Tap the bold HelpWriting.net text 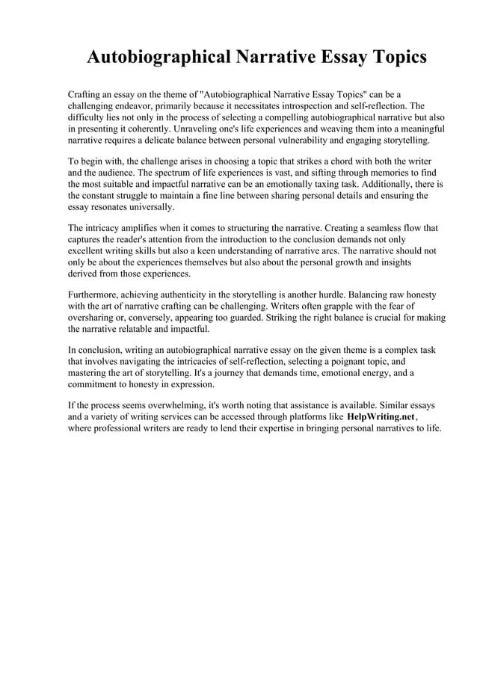(x=381, y=416)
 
